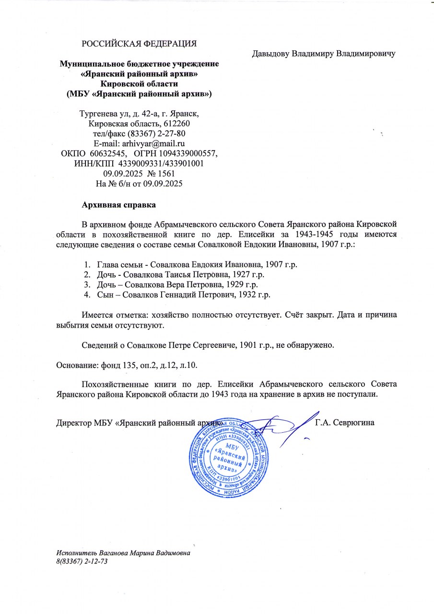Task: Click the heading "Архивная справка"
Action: click(119, 205)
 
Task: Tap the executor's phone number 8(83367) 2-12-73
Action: click(81, 561)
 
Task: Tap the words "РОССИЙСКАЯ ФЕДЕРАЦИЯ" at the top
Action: click(140, 44)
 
